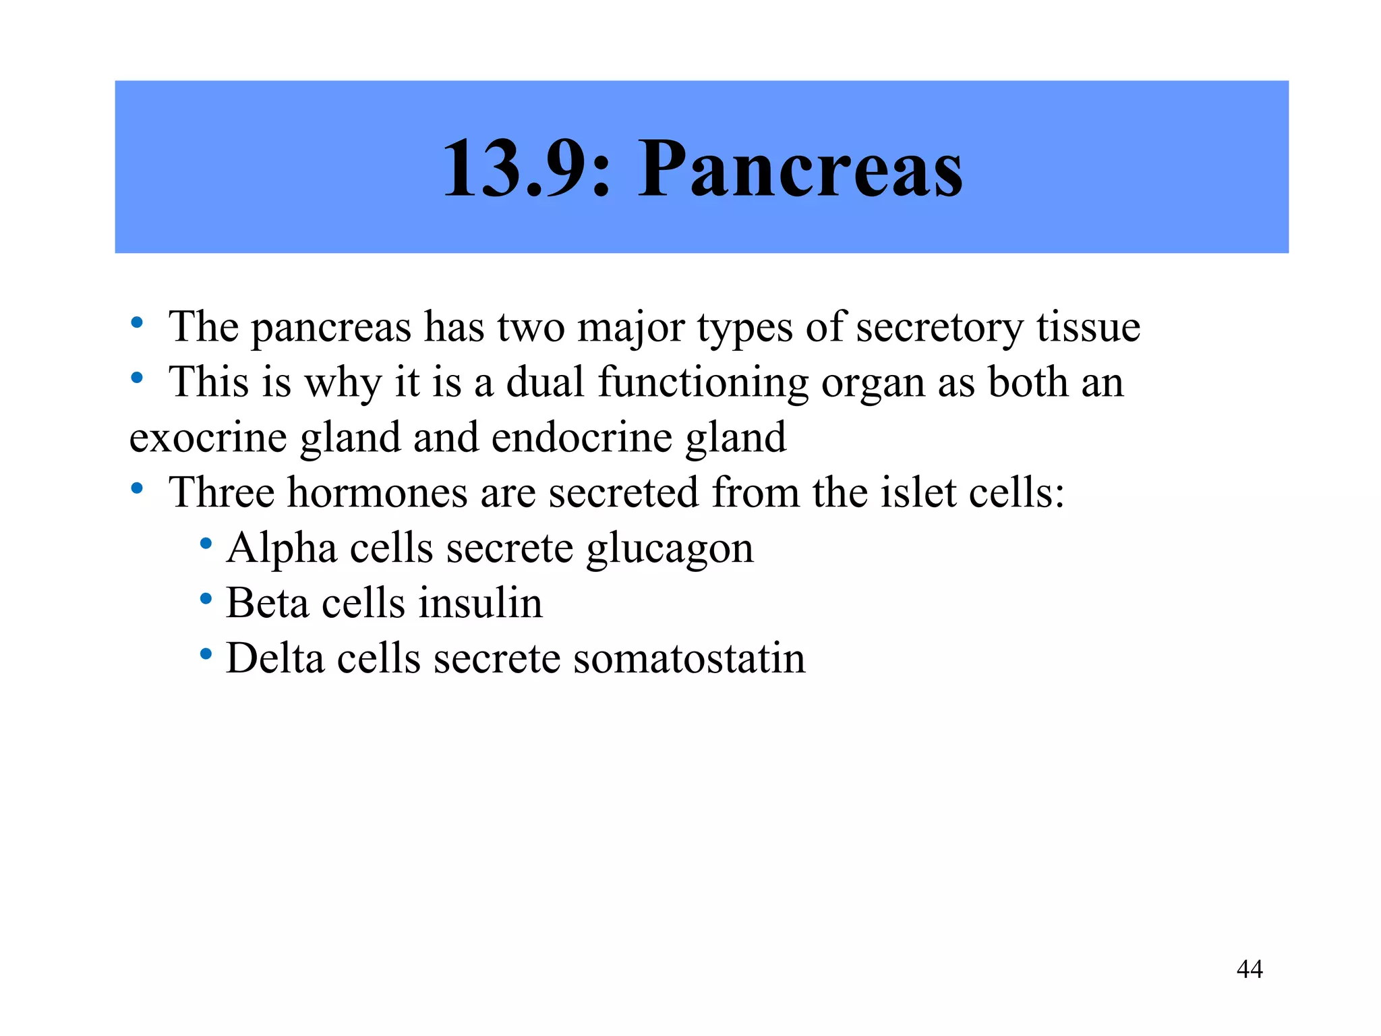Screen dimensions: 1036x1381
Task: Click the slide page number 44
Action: click(1250, 969)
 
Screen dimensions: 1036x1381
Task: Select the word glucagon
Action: click(669, 549)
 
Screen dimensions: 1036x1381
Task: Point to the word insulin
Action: click(480, 603)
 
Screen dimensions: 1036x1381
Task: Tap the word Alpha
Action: click(282, 548)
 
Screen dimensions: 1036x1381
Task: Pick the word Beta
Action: click(266, 603)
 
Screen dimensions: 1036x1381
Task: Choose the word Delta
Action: click(274, 658)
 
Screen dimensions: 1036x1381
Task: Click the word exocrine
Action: click(208, 438)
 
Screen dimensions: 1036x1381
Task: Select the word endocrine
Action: click(582, 438)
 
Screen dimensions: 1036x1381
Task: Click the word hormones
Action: click(377, 492)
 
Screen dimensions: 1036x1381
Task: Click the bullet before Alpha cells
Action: click(206, 543)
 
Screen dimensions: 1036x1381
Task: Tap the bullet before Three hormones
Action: click(137, 488)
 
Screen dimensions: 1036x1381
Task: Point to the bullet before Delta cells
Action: click(206, 654)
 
